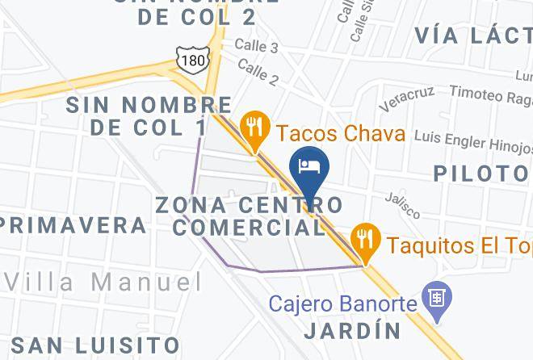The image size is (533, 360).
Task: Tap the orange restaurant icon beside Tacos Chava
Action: click(x=255, y=125)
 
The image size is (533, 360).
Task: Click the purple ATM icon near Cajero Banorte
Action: click(x=438, y=297)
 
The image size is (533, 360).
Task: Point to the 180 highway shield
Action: click(x=192, y=59)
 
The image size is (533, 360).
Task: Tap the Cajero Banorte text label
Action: click(x=342, y=305)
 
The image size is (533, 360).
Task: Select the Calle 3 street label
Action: click(x=258, y=48)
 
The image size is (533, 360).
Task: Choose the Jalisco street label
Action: click(x=402, y=204)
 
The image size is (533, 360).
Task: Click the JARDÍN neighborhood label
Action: click(x=353, y=331)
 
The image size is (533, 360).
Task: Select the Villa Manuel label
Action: click(x=104, y=283)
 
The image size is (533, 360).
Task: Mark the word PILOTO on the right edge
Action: click(x=481, y=173)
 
